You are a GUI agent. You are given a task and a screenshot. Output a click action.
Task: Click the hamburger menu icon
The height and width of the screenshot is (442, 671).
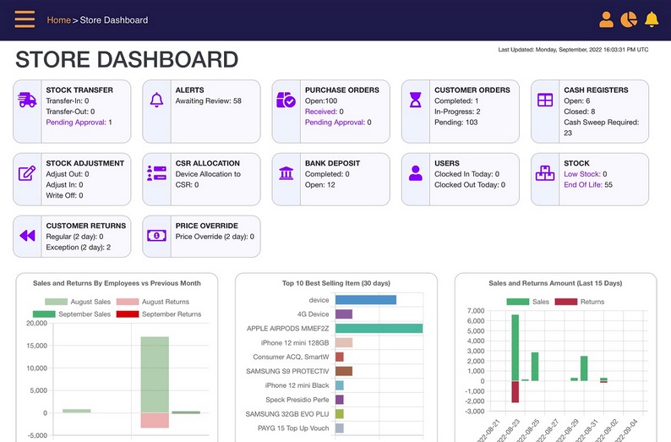pos(25,19)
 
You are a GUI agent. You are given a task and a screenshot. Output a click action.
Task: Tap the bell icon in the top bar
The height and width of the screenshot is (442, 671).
pos(652,19)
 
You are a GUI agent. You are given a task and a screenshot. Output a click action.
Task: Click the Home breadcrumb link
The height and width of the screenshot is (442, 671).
pos(58,20)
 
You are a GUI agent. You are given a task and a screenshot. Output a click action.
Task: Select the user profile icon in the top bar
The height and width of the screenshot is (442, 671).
pos(606,19)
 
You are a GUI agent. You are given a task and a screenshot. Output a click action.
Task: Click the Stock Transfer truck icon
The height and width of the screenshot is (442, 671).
pos(27,100)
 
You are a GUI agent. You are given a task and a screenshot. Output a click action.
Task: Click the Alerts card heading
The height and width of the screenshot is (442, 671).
pos(189,90)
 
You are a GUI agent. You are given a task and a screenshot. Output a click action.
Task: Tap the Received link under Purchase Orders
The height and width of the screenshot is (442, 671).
pos(321,112)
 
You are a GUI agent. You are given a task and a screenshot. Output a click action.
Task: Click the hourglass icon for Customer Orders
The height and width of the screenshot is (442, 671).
pos(415,100)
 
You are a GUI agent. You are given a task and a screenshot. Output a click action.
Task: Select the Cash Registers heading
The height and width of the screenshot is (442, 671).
pos(596,90)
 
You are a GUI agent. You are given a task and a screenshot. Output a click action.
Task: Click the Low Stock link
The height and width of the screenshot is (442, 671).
pos(582,174)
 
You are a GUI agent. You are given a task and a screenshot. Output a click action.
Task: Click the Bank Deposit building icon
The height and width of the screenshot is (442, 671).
pos(286,173)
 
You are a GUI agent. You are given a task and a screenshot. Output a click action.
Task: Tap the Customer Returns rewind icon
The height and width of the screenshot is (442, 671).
pos(27,236)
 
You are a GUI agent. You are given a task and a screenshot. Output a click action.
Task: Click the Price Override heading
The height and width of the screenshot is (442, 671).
pos(206,226)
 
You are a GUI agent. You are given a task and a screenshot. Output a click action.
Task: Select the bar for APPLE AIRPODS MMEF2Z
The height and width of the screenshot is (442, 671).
pos(379,329)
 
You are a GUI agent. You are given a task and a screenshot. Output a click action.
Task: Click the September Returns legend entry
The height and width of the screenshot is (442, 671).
pos(157,314)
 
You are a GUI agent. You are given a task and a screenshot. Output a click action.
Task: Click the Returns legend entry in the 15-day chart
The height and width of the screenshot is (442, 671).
pos(580,302)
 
